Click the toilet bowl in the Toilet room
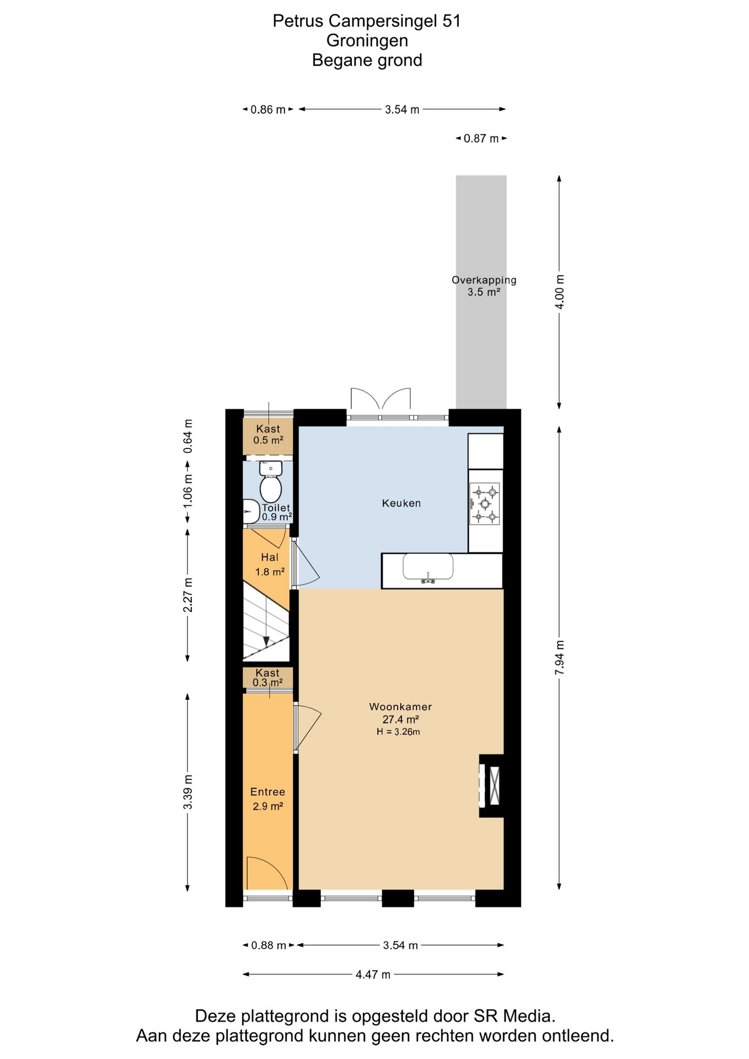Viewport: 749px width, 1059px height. click(x=271, y=483)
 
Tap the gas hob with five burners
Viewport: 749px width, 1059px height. click(x=485, y=504)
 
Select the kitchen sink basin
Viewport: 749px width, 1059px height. click(x=428, y=567)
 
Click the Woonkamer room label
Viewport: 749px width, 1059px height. click(x=400, y=707)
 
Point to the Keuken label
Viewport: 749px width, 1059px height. click(x=402, y=503)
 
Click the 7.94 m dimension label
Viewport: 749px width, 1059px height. click(x=560, y=657)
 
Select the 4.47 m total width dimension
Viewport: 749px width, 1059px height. click(x=373, y=990)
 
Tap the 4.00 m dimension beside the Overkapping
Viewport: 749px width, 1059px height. click(x=560, y=292)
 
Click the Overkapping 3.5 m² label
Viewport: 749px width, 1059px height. click(x=484, y=286)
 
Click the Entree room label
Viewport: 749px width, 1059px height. click(x=267, y=792)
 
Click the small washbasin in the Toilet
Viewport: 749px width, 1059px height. click(x=251, y=511)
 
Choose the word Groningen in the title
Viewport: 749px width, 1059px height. click(x=367, y=41)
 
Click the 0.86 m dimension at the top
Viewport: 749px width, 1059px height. click(x=268, y=110)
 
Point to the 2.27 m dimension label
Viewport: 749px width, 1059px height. click(x=188, y=595)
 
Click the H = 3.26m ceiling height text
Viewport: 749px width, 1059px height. click(x=398, y=732)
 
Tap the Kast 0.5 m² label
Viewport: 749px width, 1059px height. click(x=268, y=434)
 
